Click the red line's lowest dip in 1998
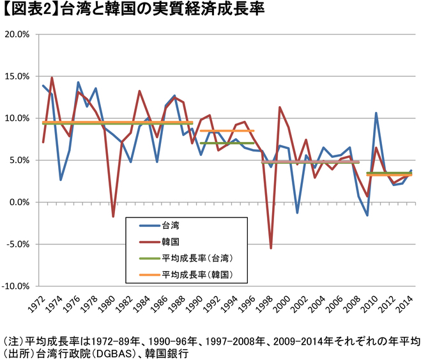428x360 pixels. (x=271, y=247)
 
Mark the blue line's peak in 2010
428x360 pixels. (x=376, y=113)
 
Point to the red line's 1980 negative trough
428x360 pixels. (x=113, y=217)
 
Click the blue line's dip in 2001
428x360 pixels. (x=298, y=212)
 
